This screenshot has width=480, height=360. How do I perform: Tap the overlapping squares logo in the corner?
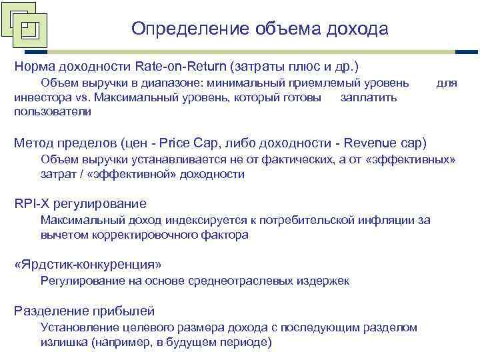pos(25,28)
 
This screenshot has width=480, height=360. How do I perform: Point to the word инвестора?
pos(39,98)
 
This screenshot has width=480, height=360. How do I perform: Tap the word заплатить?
pos(368,98)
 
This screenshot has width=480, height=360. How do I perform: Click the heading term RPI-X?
pos(33,203)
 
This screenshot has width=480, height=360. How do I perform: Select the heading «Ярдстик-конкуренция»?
pos(88,264)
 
